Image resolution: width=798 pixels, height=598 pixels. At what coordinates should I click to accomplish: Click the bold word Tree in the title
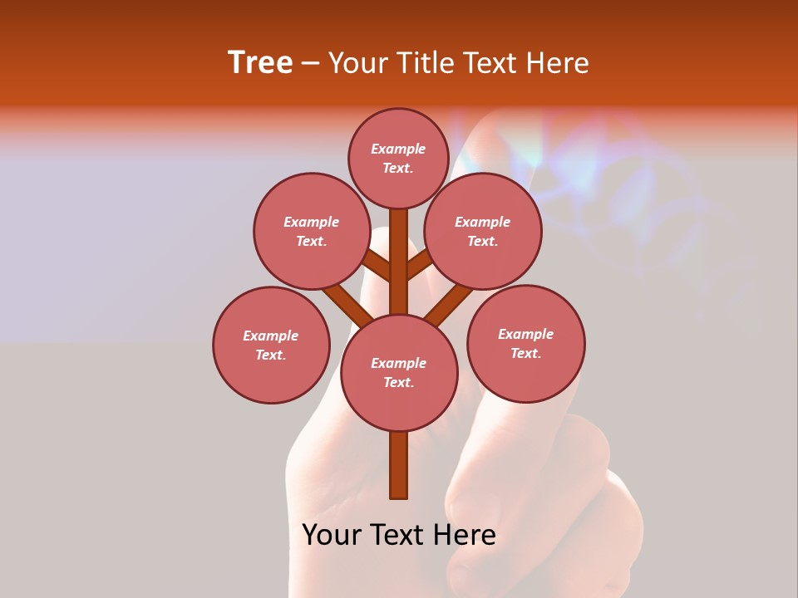260,63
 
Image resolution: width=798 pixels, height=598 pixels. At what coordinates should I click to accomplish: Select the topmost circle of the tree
398,158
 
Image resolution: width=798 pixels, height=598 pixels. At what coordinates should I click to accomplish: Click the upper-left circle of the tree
312,231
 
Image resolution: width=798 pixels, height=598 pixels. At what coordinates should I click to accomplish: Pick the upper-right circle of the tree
483,231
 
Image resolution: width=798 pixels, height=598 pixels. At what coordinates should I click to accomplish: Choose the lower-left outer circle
271,345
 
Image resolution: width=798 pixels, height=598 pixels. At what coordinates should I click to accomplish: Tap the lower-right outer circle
526,343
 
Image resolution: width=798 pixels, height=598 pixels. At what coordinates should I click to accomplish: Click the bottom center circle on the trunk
399,373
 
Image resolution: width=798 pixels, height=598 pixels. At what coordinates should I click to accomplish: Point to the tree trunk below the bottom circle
399,465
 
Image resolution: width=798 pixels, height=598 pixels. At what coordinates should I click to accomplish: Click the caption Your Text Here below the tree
399,535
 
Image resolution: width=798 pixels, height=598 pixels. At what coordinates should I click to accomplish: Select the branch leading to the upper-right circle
420,265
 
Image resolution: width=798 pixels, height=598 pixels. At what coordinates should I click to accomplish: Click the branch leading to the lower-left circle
348,305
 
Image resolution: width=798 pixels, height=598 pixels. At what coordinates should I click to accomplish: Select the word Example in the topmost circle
398,149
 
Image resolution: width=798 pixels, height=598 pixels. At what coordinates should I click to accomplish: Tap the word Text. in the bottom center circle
398,383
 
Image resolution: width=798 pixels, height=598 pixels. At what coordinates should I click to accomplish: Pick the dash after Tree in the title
310,63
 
